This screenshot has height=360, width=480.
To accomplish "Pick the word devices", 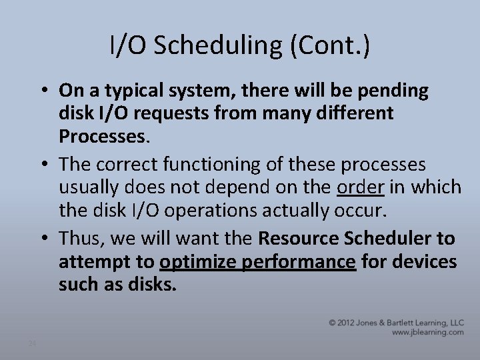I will tap(427, 262).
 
